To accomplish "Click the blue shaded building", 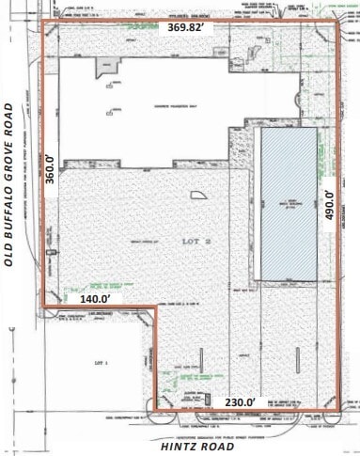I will pyautogui.click(x=287, y=201).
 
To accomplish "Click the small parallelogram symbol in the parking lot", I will pyautogui.click(x=199, y=196).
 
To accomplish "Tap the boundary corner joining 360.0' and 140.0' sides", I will pyautogui.click(x=43, y=306).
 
